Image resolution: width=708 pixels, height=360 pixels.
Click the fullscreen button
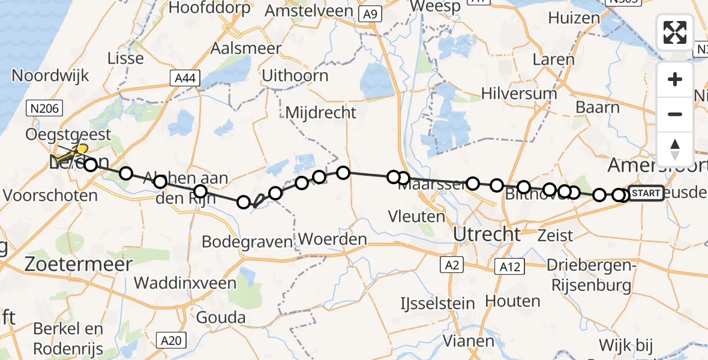coord(675,32)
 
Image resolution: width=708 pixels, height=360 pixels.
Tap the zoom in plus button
coord(675,80)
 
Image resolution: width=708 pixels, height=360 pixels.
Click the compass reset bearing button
coord(675,149)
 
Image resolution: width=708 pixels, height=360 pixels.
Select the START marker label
coord(647,193)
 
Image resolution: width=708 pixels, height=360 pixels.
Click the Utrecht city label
coord(487,235)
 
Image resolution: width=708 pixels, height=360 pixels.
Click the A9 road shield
coord(370,13)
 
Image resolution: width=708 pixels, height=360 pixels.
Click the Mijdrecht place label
coord(320,112)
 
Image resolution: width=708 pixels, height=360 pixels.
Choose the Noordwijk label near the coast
coord(50,76)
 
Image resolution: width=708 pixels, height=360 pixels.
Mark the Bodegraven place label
coord(248,241)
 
